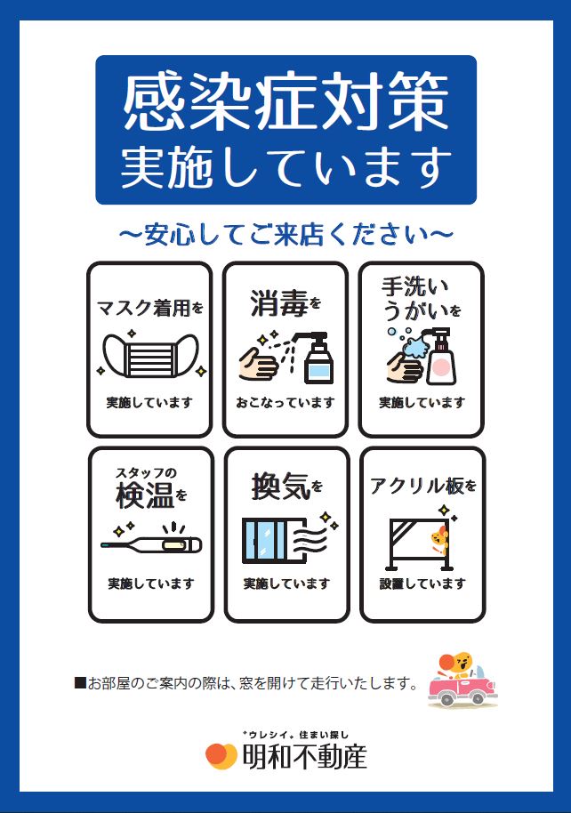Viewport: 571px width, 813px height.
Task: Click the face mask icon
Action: pos(150,355)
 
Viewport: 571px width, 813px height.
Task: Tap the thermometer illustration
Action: pos(151,543)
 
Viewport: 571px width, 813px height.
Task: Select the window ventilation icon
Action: pos(285,540)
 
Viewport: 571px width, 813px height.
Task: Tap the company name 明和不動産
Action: pos(305,757)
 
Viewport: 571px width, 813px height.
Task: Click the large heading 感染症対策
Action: pos(285,101)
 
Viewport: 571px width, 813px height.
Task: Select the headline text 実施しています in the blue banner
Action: pos(285,166)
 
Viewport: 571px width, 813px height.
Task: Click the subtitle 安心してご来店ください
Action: pos(285,234)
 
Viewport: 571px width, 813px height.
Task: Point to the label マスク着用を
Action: pos(150,308)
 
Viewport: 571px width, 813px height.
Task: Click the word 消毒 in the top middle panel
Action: pos(279,302)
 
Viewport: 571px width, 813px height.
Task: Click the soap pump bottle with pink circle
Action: pos(441,357)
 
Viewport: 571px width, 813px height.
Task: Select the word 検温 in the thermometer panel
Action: pos(145,495)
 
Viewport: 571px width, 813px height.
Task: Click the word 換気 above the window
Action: pos(280,487)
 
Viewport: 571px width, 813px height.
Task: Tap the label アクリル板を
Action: pos(422,486)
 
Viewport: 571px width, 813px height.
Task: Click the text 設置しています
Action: pos(422,584)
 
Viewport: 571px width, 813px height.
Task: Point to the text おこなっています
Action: pos(285,402)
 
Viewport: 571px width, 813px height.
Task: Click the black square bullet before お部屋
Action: pos(80,683)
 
